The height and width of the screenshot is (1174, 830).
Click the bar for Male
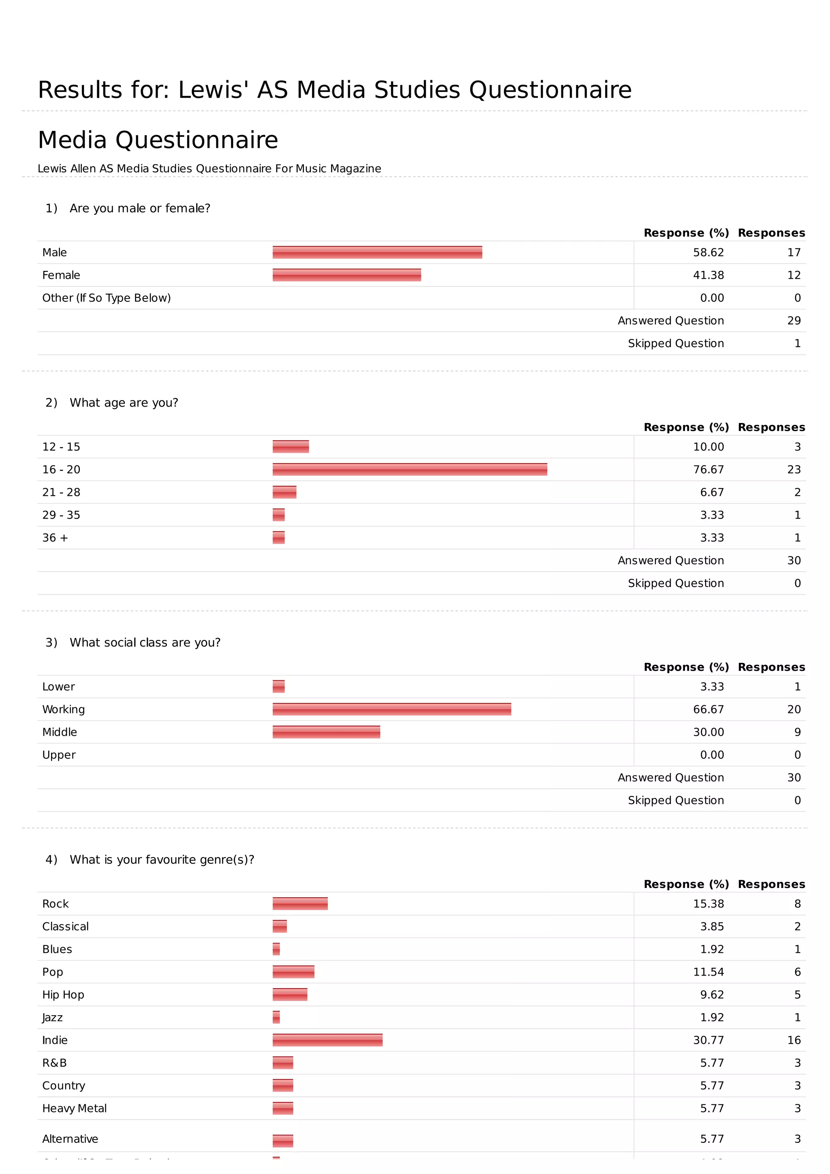coord(377,252)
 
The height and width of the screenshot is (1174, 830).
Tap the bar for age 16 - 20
coord(410,470)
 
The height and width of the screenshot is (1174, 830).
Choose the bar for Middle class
coord(326,732)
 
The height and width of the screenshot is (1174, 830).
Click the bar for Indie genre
coord(327,1040)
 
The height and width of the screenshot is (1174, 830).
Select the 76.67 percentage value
coord(708,470)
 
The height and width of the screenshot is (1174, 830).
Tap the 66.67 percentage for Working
coord(708,709)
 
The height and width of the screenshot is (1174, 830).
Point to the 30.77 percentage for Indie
coord(708,1040)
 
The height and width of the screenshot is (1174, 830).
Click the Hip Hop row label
coord(63,995)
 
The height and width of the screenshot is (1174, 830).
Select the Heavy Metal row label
coord(74,1108)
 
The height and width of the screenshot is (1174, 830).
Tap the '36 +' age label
coord(55,538)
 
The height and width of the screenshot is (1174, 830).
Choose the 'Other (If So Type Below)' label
coord(106,298)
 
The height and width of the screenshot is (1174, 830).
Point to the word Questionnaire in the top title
coord(550,90)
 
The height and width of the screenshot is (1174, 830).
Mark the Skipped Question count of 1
coord(797,344)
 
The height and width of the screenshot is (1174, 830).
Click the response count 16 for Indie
coord(794,1040)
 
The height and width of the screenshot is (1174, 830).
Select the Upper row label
coord(59,755)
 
